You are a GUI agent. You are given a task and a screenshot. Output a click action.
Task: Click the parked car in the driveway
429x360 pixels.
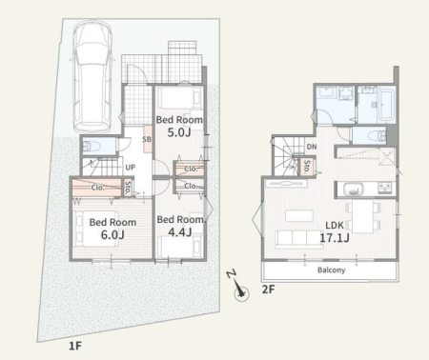tap(92, 76)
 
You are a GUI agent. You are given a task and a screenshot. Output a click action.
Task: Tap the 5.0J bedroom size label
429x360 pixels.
tap(179, 132)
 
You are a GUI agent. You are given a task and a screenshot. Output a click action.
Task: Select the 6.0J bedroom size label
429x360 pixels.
tap(112, 234)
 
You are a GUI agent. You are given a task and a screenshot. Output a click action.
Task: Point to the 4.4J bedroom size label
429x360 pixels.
tap(180, 232)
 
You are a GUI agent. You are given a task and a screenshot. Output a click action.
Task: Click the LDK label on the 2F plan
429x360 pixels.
tap(335, 226)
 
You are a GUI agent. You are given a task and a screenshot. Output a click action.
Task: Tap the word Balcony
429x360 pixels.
tap(332, 270)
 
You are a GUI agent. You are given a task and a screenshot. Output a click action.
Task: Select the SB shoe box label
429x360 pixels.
tap(147, 139)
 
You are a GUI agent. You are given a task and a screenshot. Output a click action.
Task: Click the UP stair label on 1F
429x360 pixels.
tap(131, 167)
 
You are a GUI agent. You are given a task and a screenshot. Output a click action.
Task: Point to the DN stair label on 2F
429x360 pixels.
tap(312, 147)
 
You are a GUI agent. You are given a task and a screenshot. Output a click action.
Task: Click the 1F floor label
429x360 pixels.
tap(75, 346)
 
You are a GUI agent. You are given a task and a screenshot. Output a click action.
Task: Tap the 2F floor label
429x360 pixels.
tap(268, 290)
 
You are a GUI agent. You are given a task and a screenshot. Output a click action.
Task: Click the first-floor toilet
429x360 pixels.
tap(92, 147)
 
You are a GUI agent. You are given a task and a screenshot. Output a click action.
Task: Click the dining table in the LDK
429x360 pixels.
tap(363, 216)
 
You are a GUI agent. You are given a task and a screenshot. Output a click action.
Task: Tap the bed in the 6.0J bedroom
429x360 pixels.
tap(95, 228)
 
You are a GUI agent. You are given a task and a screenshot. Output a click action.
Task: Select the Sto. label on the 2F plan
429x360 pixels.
tap(307, 167)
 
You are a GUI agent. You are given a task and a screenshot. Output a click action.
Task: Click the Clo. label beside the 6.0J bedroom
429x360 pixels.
tap(97, 188)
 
